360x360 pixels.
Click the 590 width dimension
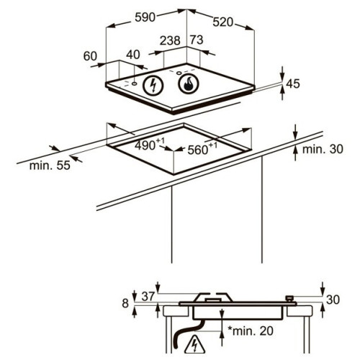pos(145,17)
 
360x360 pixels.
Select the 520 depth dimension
pos(223,22)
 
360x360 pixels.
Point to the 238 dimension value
pos(170,40)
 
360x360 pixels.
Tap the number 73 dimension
pos(197,40)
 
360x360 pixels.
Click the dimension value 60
pos(90,56)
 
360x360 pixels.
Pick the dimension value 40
pos(133,55)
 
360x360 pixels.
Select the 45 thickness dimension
pos(293,84)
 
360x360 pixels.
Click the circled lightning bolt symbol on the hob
pos(153,85)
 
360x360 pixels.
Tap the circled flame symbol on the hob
pos(189,84)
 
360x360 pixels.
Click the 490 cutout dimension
pos(150,144)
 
